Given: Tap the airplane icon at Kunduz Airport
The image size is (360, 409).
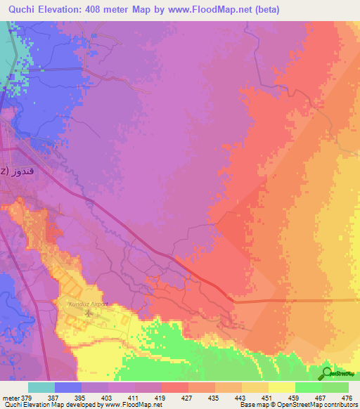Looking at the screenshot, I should coord(88,312).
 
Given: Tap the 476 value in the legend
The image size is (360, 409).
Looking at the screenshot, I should coord(347,398).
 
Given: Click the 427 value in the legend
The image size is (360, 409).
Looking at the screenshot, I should coord(174,398).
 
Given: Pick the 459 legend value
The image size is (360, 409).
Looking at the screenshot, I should coord(281,398).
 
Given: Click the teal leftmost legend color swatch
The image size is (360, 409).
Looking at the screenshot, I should coord(41,387).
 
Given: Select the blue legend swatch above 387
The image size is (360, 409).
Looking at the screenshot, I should coord(67,387).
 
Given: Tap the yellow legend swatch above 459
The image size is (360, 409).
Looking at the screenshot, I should coord(281,387).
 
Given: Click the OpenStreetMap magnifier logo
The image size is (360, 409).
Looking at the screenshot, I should coord(326,372).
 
